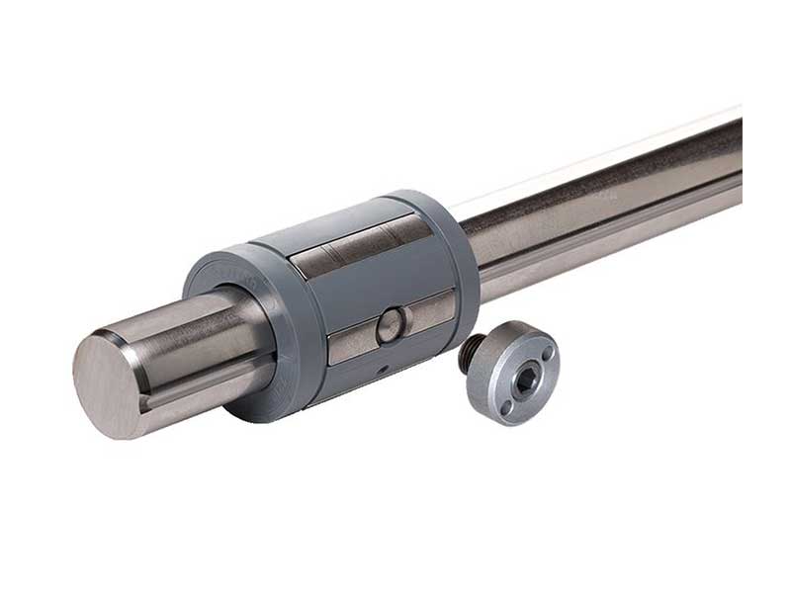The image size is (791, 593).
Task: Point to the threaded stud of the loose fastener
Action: [x=472, y=352]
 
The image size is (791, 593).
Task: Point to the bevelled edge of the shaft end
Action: [x=134, y=341]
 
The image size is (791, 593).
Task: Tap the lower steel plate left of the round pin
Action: [x=352, y=341]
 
